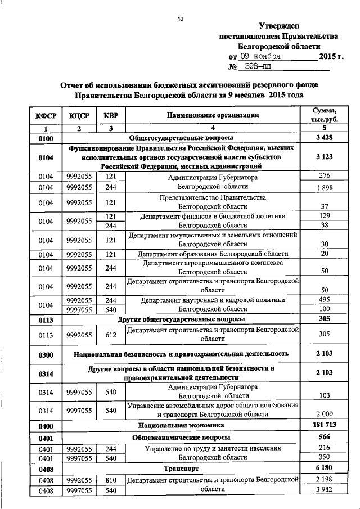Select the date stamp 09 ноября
click(257, 57)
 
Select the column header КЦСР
click(79, 115)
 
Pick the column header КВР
click(111, 115)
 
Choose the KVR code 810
click(111, 479)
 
